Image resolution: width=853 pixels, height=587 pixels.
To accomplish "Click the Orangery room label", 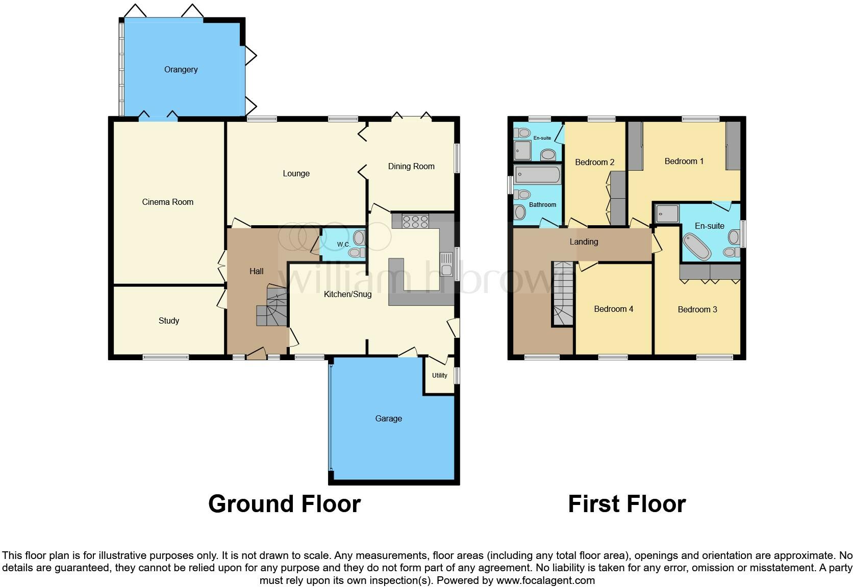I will click(x=181, y=69).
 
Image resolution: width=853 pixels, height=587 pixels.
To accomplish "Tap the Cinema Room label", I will click(x=167, y=202).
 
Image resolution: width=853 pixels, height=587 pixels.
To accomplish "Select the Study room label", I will click(x=168, y=321).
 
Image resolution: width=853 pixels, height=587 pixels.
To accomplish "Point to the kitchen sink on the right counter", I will click(x=446, y=264).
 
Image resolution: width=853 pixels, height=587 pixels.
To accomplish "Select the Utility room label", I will click(x=439, y=376).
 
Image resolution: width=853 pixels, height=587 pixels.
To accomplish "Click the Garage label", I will click(x=388, y=418).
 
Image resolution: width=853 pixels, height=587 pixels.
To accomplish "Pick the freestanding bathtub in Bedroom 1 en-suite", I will click(x=696, y=247).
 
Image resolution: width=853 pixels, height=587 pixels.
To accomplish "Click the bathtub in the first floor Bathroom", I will click(x=538, y=174).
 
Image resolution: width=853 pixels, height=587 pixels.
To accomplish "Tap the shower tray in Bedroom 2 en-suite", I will click(x=522, y=150).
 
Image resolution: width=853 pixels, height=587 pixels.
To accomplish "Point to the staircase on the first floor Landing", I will click(x=563, y=293).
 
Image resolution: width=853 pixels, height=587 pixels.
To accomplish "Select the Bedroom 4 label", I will click(x=613, y=309).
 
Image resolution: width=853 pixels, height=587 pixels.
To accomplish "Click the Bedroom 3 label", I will click(x=697, y=309).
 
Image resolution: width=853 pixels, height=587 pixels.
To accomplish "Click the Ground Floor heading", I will click(x=284, y=504).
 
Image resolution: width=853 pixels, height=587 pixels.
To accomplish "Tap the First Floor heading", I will click(x=626, y=504).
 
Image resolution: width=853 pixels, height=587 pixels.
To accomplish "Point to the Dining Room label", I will click(x=411, y=166).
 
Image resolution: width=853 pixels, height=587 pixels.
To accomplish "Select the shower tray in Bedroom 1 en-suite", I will click(x=667, y=214).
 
